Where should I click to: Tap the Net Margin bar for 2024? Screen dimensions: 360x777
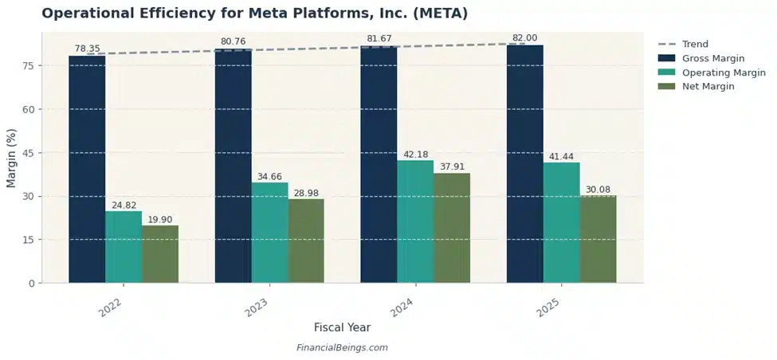click(452, 228)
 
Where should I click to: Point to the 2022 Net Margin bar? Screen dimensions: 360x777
click(160, 254)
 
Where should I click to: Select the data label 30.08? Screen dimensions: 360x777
click(598, 190)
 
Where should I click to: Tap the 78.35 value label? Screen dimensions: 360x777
click(87, 49)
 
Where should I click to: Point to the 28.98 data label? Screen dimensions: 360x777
click(306, 193)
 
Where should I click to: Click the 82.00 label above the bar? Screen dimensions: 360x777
click(524, 38)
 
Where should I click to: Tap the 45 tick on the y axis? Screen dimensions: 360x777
click(28, 153)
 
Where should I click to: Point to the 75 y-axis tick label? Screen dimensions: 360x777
click(28, 65)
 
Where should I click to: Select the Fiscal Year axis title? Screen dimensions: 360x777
click(342, 327)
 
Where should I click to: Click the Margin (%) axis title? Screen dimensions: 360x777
click(11, 157)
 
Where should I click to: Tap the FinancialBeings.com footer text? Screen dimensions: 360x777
click(342, 348)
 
